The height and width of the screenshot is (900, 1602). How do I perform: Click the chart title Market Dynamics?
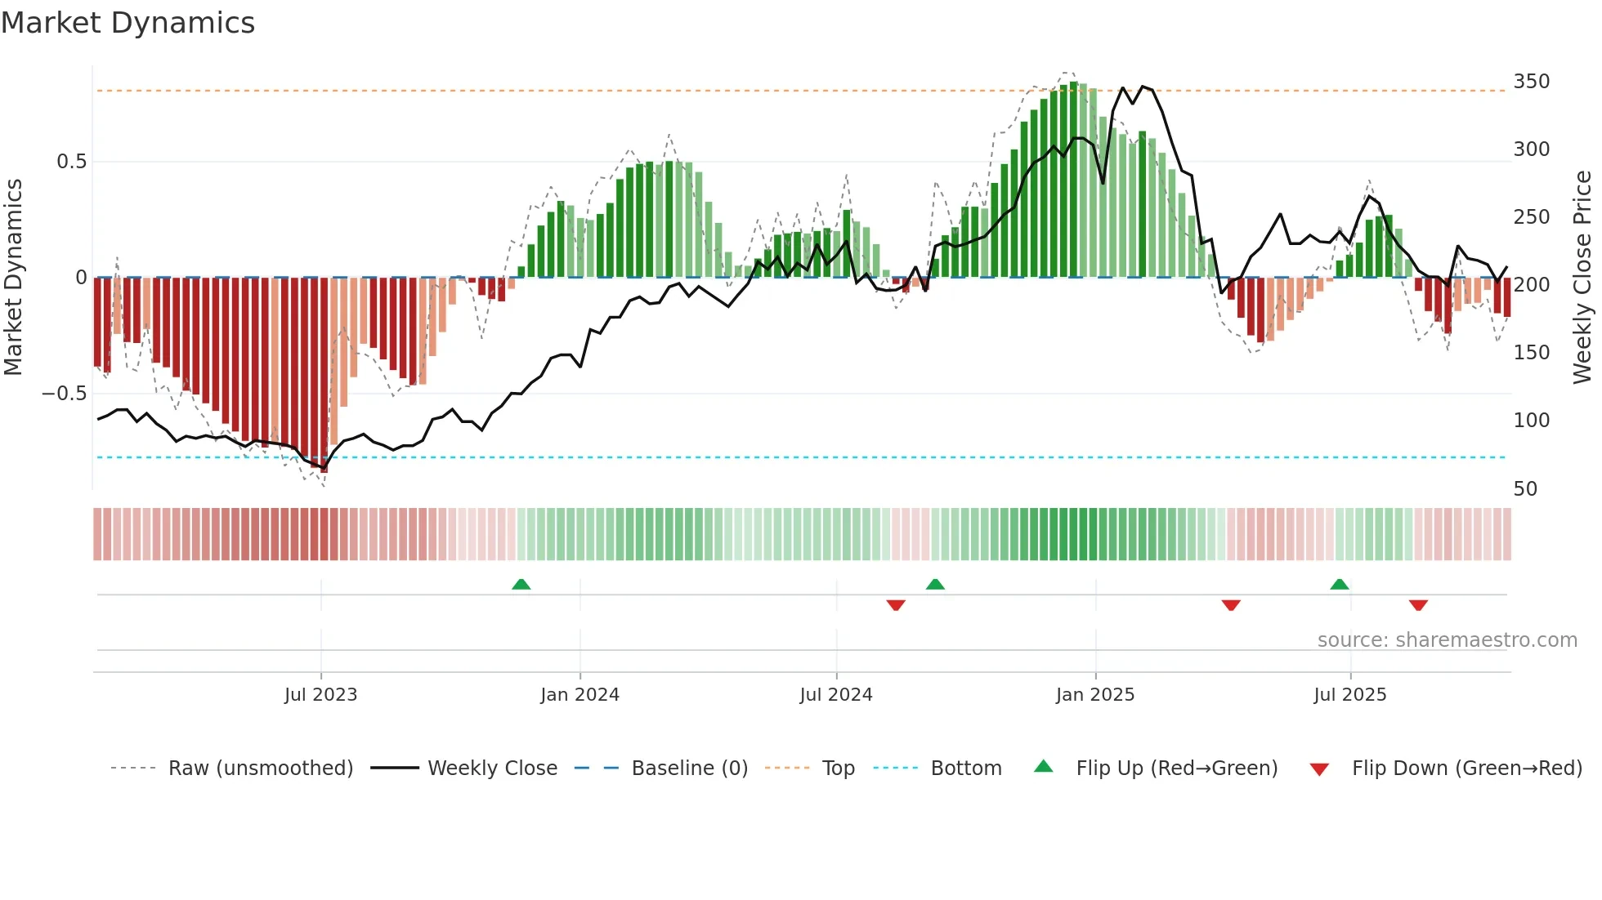[x=128, y=23]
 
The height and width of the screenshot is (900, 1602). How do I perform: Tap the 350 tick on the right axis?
[x=1531, y=82]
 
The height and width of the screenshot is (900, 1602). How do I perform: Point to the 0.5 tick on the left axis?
[x=71, y=162]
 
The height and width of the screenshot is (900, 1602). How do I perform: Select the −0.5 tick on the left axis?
[x=65, y=394]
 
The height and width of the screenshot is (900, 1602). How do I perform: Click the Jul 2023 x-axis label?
[x=320, y=695]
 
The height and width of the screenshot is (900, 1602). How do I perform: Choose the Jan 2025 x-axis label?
[x=1094, y=695]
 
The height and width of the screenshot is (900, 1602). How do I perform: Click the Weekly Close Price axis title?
[x=1582, y=278]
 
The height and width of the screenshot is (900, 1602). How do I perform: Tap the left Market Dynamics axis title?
[x=13, y=278]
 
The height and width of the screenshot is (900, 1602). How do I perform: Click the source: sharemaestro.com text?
[x=1447, y=640]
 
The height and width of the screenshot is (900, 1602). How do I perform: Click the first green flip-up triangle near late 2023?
[x=521, y=584]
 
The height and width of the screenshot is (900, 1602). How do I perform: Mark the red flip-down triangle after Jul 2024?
[x=896, y=605]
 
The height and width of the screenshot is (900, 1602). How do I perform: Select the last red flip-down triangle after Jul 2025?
[x=1418, y=605]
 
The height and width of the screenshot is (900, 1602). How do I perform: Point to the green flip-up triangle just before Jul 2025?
[x=1339, y=584]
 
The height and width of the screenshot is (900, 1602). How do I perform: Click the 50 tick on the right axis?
[x=1525, y=489]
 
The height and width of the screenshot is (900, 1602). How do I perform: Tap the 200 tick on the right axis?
[x=1531, y=285]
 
